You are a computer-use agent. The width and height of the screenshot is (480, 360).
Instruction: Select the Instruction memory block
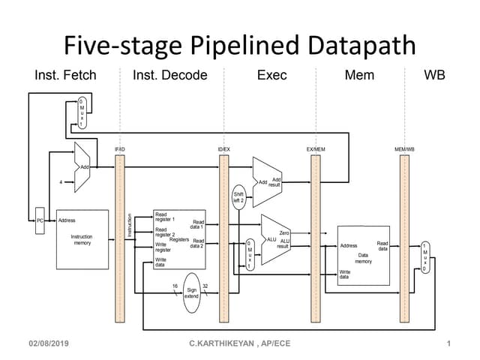pyautogui.click(x=82, y=239)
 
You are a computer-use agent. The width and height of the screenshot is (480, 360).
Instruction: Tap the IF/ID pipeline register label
pyautogui.click(x=119, y=150)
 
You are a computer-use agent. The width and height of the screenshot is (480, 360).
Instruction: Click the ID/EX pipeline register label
pyautogui.click(x=223, y=150)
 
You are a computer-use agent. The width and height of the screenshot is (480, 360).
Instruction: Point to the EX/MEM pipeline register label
pyautogui.click(x=315, y=150)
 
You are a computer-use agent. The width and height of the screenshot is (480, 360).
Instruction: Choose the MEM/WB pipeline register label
pyautogui.click(x=404, y=150)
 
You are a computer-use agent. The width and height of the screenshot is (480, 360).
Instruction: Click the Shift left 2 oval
pyautogui.click(x=239, y=196)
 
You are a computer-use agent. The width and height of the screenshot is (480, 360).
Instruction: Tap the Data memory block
pyautogui.click(x=364, y=255)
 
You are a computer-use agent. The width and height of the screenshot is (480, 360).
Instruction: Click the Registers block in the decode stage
pyautogui.click(x=178, y=238)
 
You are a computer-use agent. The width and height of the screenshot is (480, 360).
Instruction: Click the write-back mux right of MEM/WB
pyautogui.click(x=425, y=256)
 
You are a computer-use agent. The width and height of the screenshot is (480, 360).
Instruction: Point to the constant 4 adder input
pyautogui.click(x=61, y=181)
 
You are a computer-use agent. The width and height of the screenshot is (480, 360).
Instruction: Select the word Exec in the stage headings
pyautogui.click(x=271, y=76)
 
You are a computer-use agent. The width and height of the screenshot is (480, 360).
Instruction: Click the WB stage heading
pyautogui.click(x=434, y=76)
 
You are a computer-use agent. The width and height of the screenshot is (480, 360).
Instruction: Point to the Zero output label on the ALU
pyautogui.click(x=284, y=233)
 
